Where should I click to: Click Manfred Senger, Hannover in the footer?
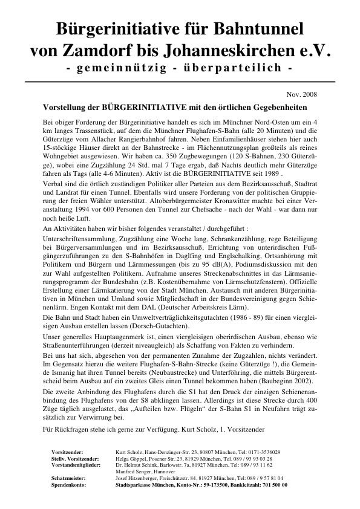click(143, 472)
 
